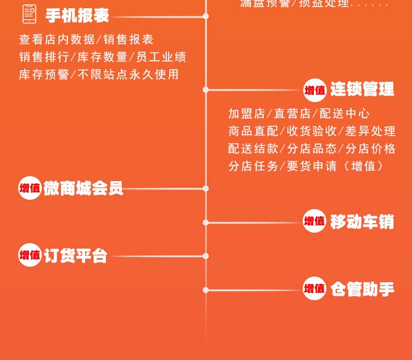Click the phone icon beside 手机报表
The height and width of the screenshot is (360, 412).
coord(29,14)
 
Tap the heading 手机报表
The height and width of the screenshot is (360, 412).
coord(77,16)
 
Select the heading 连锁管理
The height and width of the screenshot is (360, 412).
coord(362,89)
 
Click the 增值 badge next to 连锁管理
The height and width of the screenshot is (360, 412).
coord(315,90)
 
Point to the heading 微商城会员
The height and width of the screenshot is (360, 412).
coord(83,188)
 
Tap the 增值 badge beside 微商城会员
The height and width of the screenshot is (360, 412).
coord(30,188)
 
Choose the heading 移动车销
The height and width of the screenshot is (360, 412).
coord(362,222)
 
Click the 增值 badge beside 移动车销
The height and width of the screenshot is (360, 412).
coord(315,222)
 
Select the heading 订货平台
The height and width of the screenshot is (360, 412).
coord(76,256)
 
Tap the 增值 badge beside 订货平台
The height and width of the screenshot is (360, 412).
coord(30,255)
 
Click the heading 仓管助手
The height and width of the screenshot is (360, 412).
coord(362,289)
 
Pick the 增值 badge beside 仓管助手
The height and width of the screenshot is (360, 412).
coord(315,289)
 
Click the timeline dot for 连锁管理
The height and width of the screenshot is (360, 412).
coord(206,89)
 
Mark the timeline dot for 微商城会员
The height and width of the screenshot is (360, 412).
coord(206,188)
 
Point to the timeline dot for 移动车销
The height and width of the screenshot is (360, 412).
coord(206,222)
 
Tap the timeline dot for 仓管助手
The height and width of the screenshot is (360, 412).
coord(206,290)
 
